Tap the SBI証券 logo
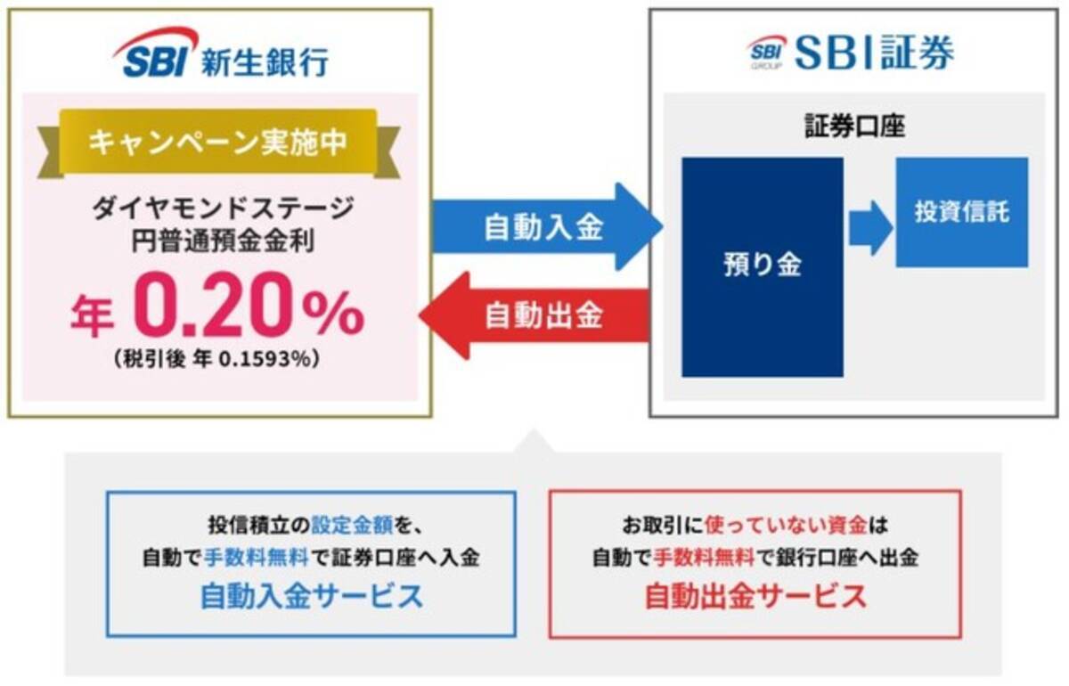[850, 53]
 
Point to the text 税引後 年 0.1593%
[217, 359]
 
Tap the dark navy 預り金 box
[762, 266]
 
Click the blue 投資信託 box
[961, 212]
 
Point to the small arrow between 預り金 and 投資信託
[870, 227]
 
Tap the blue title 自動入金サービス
[311, 596]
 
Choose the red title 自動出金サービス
[755, 596]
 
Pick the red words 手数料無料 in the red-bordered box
[704, 559]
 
